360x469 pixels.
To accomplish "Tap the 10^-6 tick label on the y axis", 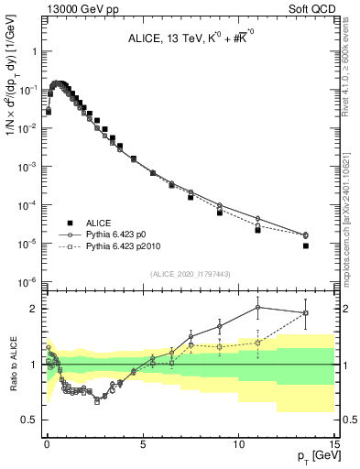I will coord(28,281).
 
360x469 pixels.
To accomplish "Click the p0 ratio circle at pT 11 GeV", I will coord(257,308).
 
